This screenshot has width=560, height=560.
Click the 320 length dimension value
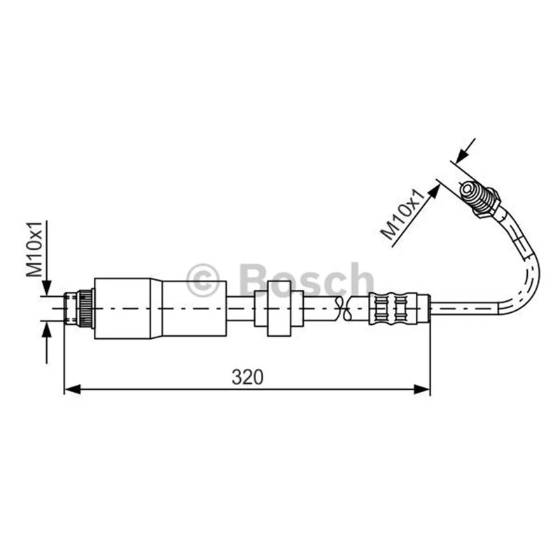click(247, 377)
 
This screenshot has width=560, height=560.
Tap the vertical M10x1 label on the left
click(34, 249)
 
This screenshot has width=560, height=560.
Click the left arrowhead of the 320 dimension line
click(73, 389)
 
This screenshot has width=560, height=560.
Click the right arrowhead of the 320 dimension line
click(422, 389)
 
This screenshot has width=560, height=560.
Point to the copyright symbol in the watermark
click(202, 281)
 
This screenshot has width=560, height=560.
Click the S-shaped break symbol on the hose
click(342, 308)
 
